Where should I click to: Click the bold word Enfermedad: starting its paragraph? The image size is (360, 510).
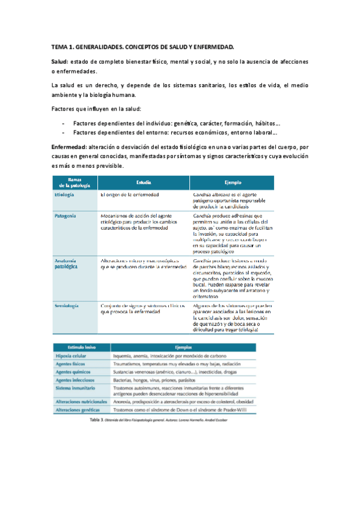pyautogui.click(x=70, y=146)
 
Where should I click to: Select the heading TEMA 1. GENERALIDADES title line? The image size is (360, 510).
pyautogui.click(x=142, y=46)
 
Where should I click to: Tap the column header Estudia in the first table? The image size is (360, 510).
pyautogui.click(x=144, y=181)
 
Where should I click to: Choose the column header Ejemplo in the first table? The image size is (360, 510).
pyautogui.click(x=232, y=181)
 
